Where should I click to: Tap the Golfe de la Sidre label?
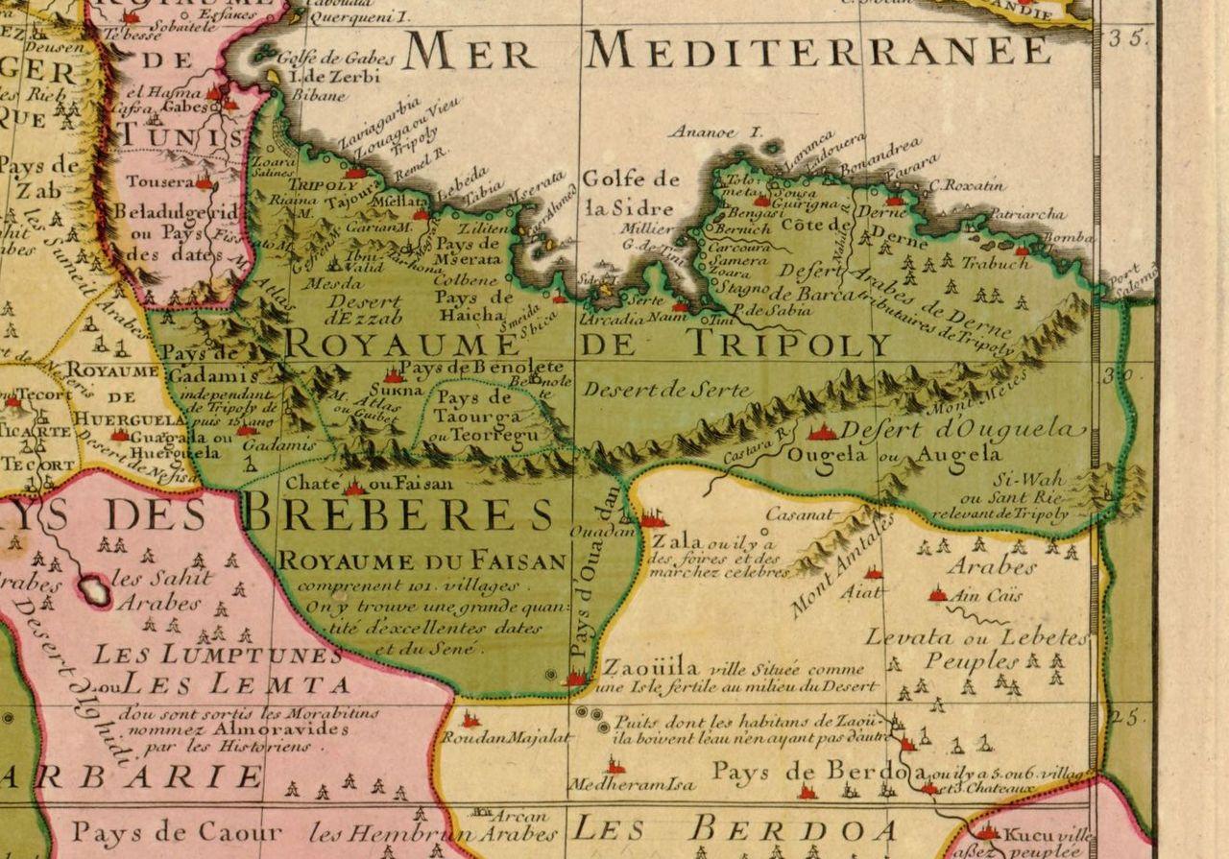tap(631, 192)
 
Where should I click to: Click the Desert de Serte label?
tap(653, 390)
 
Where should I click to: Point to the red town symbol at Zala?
tap(653, 520)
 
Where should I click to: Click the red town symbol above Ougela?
tap(822, 433)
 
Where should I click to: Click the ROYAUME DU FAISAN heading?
tap(422, 561)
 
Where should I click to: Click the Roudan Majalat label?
tap(506, 738)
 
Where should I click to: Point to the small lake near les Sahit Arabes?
tap(94, 589)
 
